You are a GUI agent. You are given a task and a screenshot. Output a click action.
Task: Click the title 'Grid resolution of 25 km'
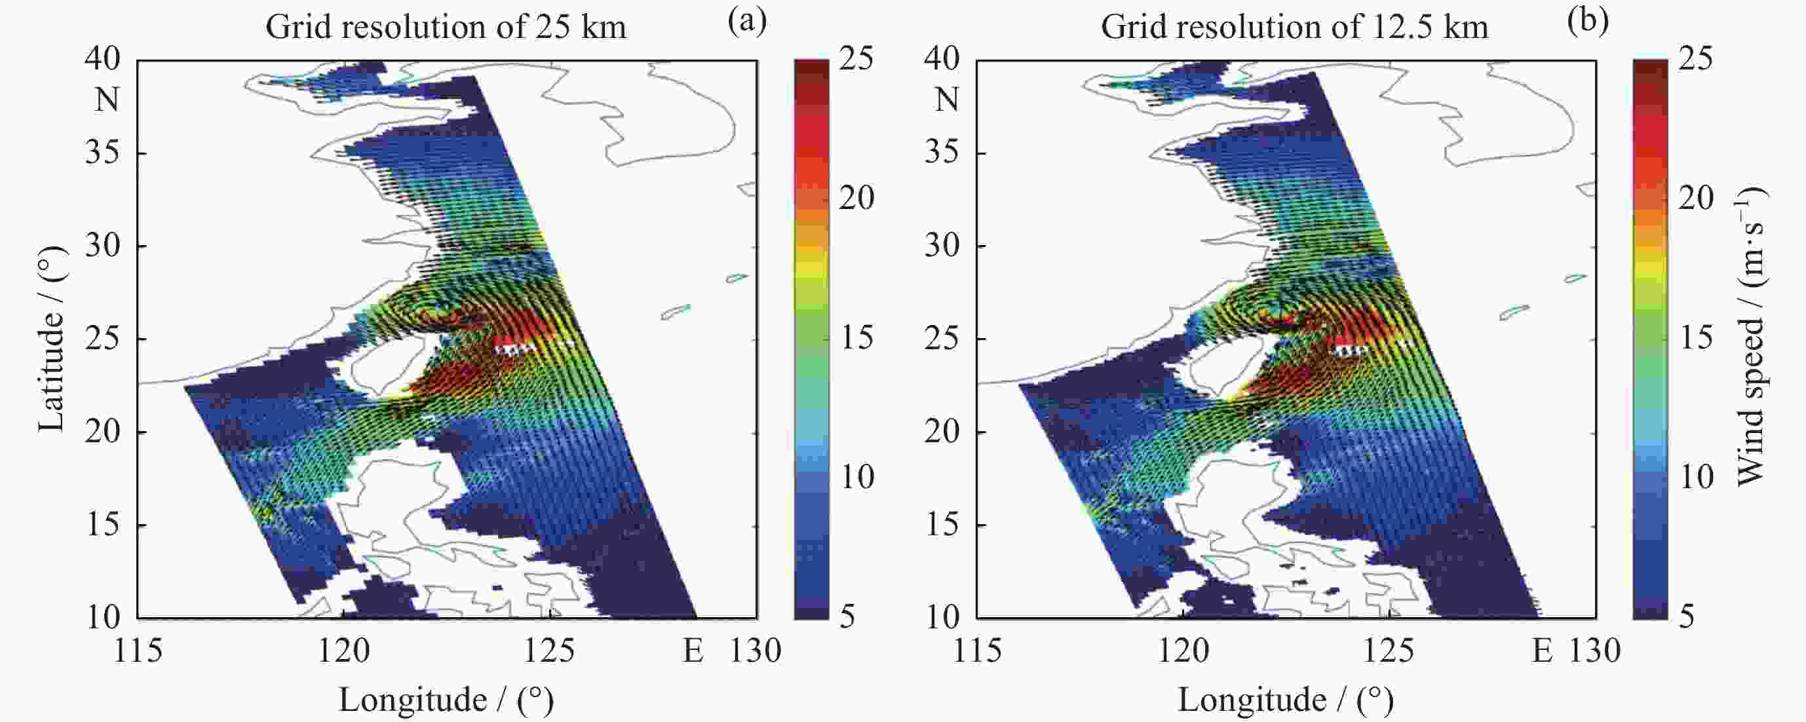[446, 28]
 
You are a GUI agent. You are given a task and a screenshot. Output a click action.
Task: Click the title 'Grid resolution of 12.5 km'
[1294, 28]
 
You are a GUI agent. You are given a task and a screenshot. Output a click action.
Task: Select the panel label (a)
[747, 22]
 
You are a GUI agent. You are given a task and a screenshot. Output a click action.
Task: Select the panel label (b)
[1587, 22]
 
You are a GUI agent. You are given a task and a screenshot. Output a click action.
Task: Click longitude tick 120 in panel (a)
[343, 651]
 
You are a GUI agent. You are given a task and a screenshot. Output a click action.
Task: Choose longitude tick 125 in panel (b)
[1391, 651]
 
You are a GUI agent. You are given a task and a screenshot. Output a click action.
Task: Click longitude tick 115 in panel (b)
[977, 651]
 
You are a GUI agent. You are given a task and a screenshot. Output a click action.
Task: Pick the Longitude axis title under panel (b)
[1286, 700]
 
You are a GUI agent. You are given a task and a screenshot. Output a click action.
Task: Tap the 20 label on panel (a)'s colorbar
[856, 199]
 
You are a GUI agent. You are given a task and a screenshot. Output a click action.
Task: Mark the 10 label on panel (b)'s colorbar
[1696, 478]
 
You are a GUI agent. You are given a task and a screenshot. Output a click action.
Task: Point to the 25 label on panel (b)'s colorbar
[1696, 59]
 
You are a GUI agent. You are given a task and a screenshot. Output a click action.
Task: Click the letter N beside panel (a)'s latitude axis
[107, 100]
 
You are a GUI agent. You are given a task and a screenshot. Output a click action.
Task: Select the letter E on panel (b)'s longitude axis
[1543, 651]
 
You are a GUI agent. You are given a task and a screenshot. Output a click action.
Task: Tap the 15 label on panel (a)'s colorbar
[856, 338]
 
